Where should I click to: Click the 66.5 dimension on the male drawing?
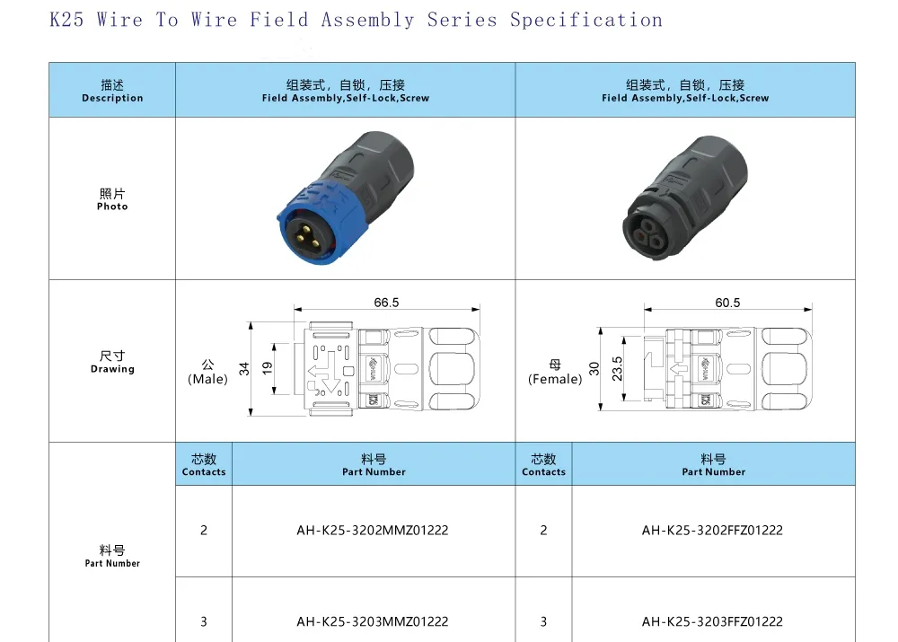pyautogui.click(x=386, y=303)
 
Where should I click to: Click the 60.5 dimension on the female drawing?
pyautogui.click(x=727, y=303)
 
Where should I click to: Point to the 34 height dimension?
pyautogui.click(x=244, y=369)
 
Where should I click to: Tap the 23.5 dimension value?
pyautogui.click(x=617, y=369)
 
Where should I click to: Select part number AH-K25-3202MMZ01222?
pyautogui.click(x=373, y=531)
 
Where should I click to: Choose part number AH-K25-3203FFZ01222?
pyautogui.click(x=712, y=621)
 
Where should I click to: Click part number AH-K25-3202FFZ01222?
pyautogui.click(x=712, y=531)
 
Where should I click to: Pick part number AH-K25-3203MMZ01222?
pyautogui.click(x=373, y=621)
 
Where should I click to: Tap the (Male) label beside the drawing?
pyautogui.click(x=207, y=379)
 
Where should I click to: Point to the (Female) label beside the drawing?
pyautogui.click(x=555, y=379)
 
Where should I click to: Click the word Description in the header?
pyautogui.click(x=112, y=98)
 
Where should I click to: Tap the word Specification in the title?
pyautogui.click(x=586, y=21)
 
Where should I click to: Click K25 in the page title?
pyautogui.click(x=66, y=20)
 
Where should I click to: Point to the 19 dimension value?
pyautogui.click(x=268, y=369)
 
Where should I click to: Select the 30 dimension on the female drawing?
pyautogui.click(x=594, y=369)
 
